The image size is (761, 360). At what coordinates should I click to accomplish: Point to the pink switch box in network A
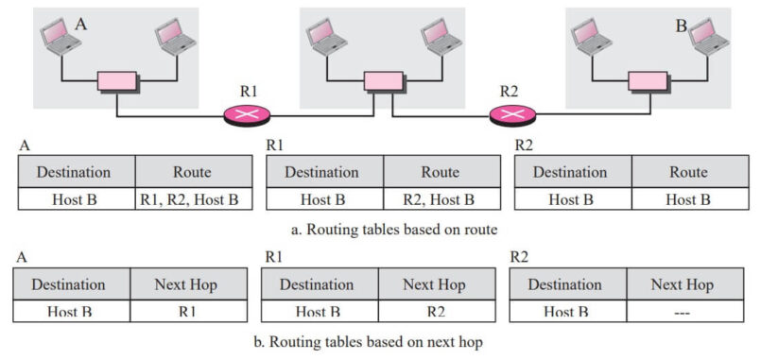coord(115,82)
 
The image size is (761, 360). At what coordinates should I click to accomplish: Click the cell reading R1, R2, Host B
coord(194,200)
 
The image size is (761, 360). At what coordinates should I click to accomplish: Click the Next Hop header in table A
coord(187,284)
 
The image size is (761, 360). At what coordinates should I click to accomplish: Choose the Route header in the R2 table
coord(687,172)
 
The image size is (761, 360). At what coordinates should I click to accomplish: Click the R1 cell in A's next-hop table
coord(187,311)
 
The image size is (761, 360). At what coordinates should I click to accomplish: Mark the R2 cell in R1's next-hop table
coord(435,311)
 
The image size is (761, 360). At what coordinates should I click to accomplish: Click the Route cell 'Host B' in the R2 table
coord(687,200)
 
